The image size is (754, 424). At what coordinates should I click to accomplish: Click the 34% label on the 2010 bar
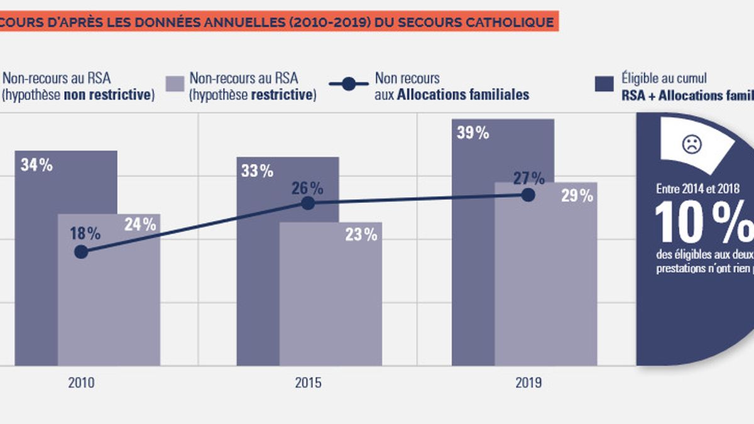click(37, 166)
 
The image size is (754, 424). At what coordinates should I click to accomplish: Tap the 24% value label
click(139, 224)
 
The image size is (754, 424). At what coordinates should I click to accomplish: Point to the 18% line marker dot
click(80, 252)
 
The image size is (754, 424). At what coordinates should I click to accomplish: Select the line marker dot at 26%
click(308, 203)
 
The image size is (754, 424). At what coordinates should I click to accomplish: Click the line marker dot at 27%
click(528, 195)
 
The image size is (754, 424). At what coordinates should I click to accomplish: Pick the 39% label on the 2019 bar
click(473, 133)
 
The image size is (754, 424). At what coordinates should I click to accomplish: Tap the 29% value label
click(577, 196)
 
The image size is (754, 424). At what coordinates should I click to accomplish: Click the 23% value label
click(361, 236)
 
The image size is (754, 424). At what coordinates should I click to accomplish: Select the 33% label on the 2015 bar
click(257, 171)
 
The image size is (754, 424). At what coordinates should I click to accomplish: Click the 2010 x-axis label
click(81, 383)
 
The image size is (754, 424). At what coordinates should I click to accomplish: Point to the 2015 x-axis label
click(308, 383)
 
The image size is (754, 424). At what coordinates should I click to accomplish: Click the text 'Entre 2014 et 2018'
click(697, 188)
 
